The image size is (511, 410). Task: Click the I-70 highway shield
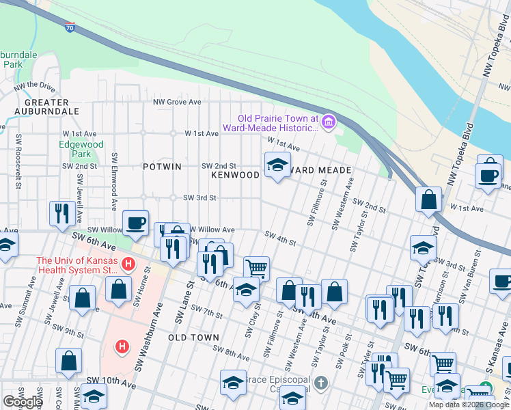[70, 27]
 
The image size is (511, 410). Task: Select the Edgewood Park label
[81, 149]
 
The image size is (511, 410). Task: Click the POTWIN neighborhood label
[162, 167]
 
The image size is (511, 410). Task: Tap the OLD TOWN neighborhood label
[193, 338]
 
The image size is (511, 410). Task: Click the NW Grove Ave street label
[177, 102]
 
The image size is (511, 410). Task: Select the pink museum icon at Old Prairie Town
[329, 122]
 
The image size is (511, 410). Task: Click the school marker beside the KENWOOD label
[277, 165]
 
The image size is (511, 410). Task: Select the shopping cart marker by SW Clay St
[256, 268]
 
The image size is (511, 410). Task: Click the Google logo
[23, 402]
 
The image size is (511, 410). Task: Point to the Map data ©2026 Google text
[469, 405]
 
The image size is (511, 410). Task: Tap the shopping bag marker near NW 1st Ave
[429, 199]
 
